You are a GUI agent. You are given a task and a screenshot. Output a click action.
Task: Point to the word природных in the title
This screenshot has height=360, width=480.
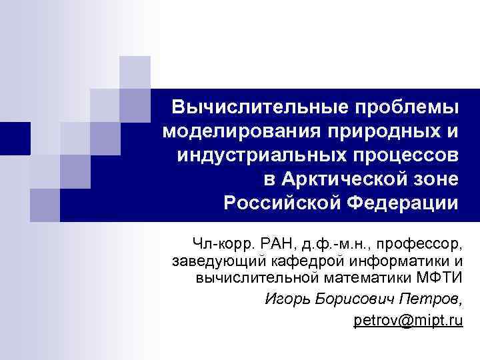[x=385, y=131]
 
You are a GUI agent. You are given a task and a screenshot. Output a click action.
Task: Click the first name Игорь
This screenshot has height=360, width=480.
[x=285, y=297]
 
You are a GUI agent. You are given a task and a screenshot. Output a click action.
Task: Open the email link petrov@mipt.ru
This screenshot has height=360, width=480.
[x=408, y=321]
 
